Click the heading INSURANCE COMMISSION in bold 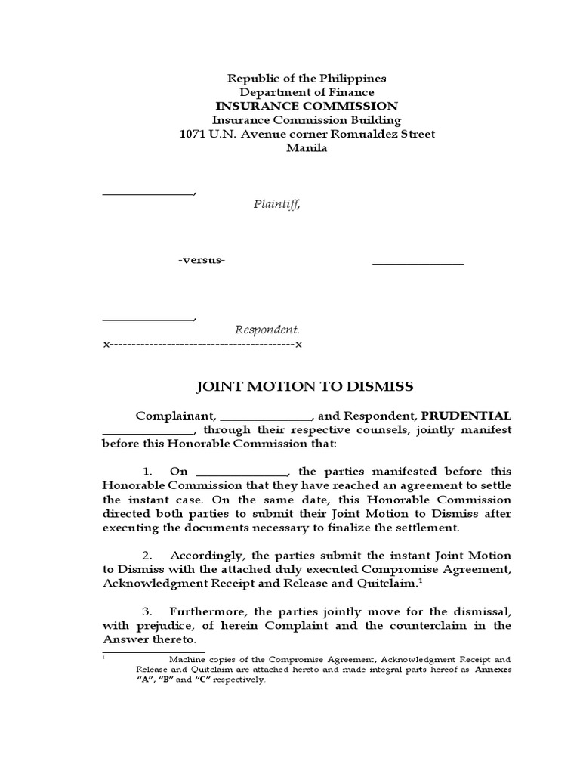pyautogui.click(x=306, y=106)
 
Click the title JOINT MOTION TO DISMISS pyautogui.click(x=305, y=386)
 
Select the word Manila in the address pyautogui.click(x=306, y=148)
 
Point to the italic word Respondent pyautogui.click(x=267, y=330)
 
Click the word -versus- pyautogui.click(x=202, y=260)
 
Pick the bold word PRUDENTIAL pyautogui.click(x=466, y=416)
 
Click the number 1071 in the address pyautogui.click(x=193, y=134)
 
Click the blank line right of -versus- pyautogui.click(x=418, y=264)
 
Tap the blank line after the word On pyautogui.click(x=242, y=475)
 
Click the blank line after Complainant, pyautogui.click(x=267, y=419)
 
